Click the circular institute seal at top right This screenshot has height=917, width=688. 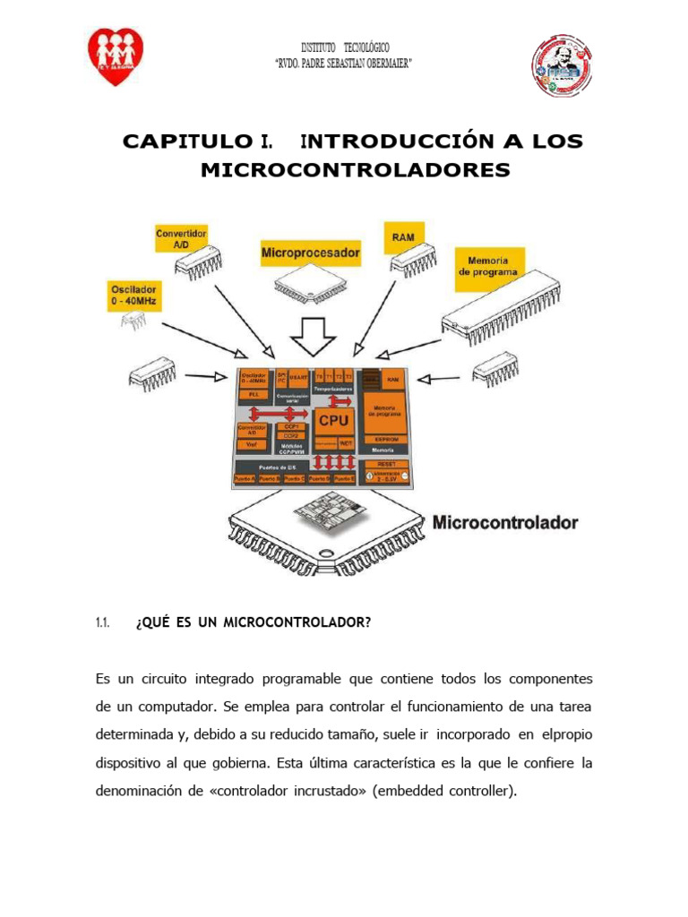click(x=562, y=66)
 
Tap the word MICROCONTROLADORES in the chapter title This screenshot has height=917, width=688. click(x=355, y=170)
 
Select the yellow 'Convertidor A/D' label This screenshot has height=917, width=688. click(x=182, y=239)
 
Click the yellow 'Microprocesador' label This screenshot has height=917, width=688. click(x=310, y=253)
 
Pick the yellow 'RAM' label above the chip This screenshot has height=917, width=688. click(x=403, y=237)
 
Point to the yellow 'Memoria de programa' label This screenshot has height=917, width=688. click(x=489, y=265)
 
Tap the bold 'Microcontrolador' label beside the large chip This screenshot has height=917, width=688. click(x=506, y=522)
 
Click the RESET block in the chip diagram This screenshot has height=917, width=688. click(x=386, y=464)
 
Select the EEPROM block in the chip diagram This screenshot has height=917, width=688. click(x=386, y=439)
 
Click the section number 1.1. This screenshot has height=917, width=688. click(x=101, y=623)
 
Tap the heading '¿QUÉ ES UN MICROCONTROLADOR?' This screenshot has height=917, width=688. click(x=253, y=623)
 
